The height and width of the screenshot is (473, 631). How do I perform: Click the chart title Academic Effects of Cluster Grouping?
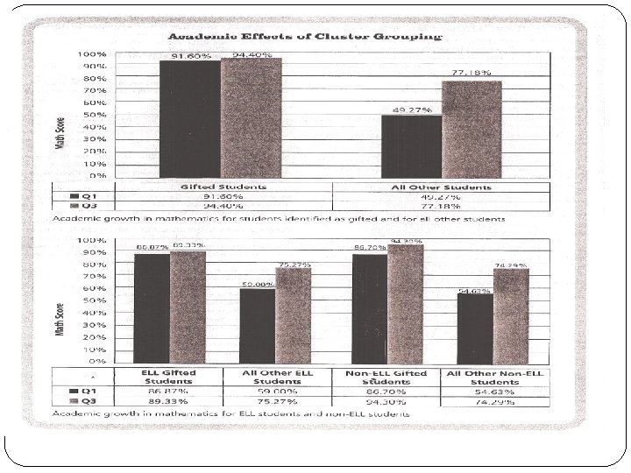click(305, 37)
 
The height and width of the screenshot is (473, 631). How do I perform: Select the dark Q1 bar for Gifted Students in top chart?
click(189, 118)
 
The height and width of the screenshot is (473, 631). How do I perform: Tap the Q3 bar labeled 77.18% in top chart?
click(471, 129)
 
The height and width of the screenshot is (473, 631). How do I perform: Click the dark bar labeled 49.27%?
click(411, 145)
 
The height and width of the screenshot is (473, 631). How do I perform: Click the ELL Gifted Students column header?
click(169, 378)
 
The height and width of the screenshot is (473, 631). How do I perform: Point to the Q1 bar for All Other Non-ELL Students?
click(474, 328)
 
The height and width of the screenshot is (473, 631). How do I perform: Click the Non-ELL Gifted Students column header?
click(386, 378)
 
